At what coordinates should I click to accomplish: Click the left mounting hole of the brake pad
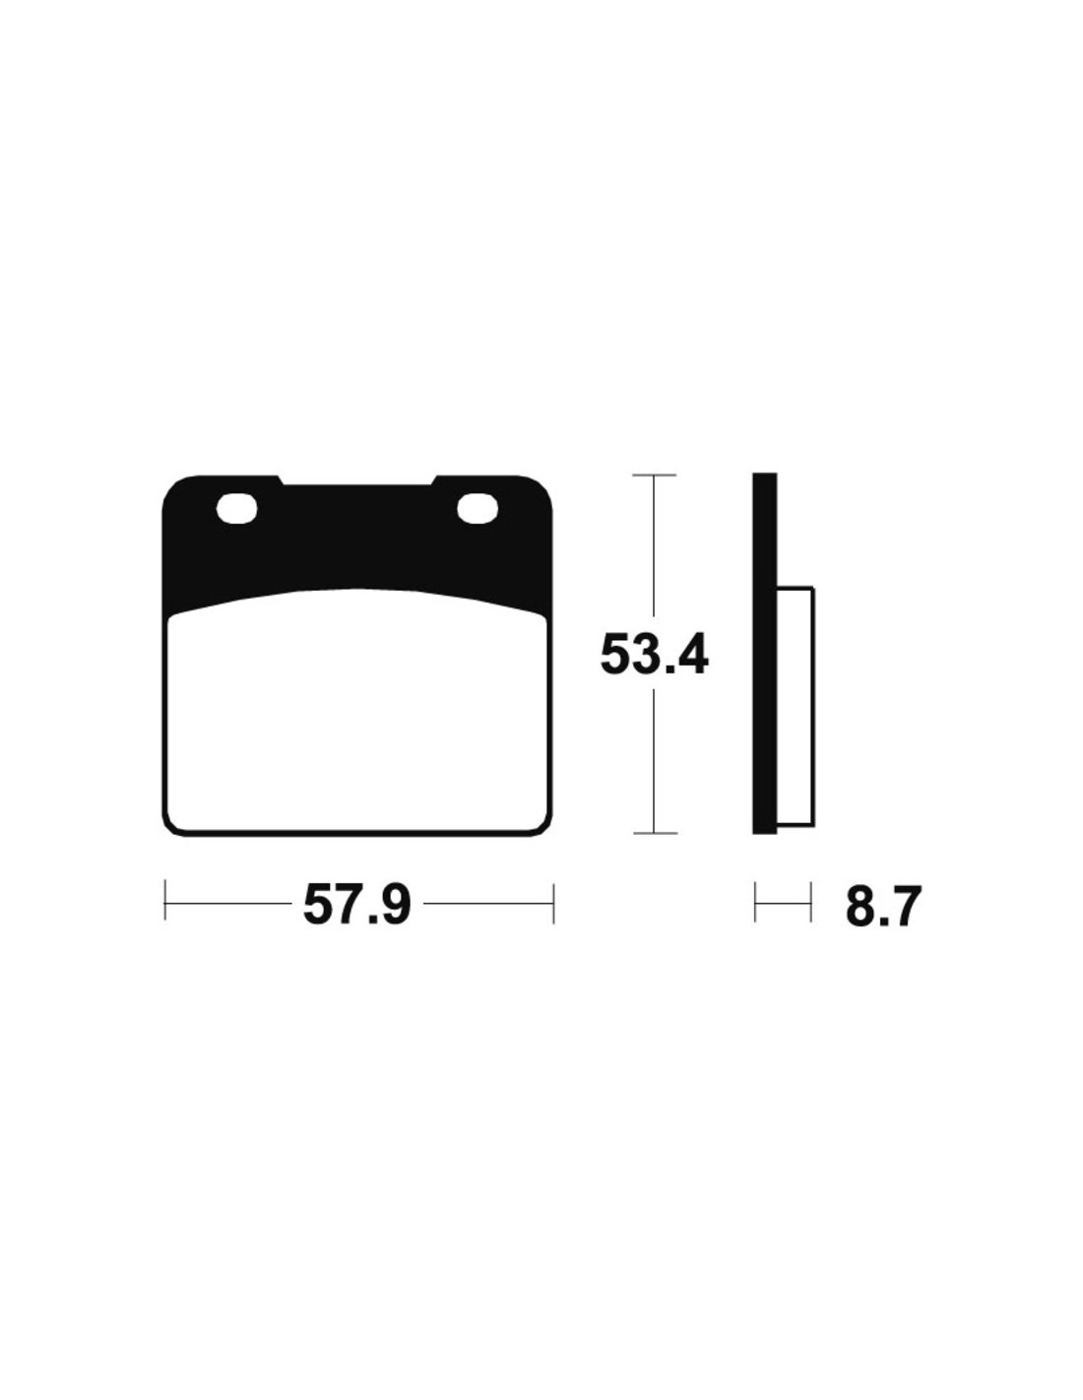point(237,509)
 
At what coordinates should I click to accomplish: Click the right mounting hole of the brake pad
point(478,508)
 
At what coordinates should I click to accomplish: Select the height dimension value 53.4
point(654,654)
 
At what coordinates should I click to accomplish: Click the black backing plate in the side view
point(764,654)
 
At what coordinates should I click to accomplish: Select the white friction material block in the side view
point(796,707)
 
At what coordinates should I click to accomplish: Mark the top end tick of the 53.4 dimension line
point(654,475)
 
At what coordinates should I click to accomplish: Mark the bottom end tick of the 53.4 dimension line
point(654,833)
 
